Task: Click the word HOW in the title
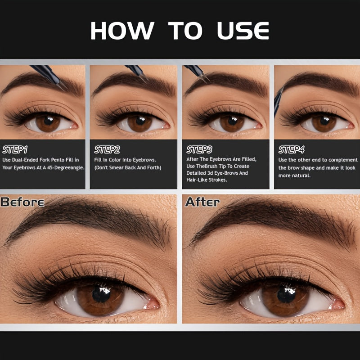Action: pos(122,31)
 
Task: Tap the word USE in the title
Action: pos(243,31)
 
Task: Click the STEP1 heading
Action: pos(15,150)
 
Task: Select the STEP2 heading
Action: pos(107,150)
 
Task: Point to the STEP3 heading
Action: pos(199,150)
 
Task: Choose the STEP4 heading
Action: pos(291,150)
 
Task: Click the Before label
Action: pos(22,202)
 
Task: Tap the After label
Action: pos(202,202)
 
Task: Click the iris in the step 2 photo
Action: pos(140,123)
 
